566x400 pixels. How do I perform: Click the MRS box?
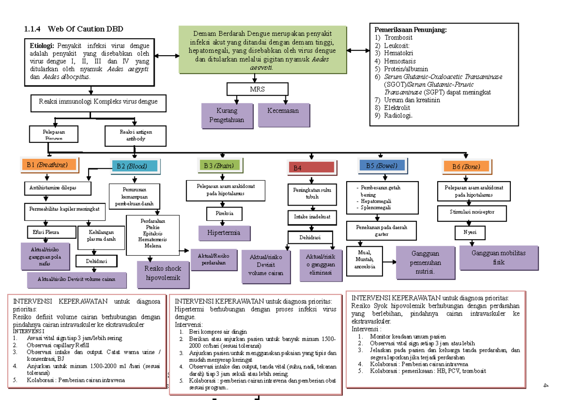[257, 89]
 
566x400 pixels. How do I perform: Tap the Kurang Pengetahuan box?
[227, 116]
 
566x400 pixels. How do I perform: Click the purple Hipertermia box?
[223, 233]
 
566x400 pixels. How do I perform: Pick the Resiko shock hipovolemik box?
[162, 274]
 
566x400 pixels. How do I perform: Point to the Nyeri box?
[470, 232]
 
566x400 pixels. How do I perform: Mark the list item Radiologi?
[398, 115]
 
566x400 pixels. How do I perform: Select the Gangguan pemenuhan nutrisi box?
[425, 263]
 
